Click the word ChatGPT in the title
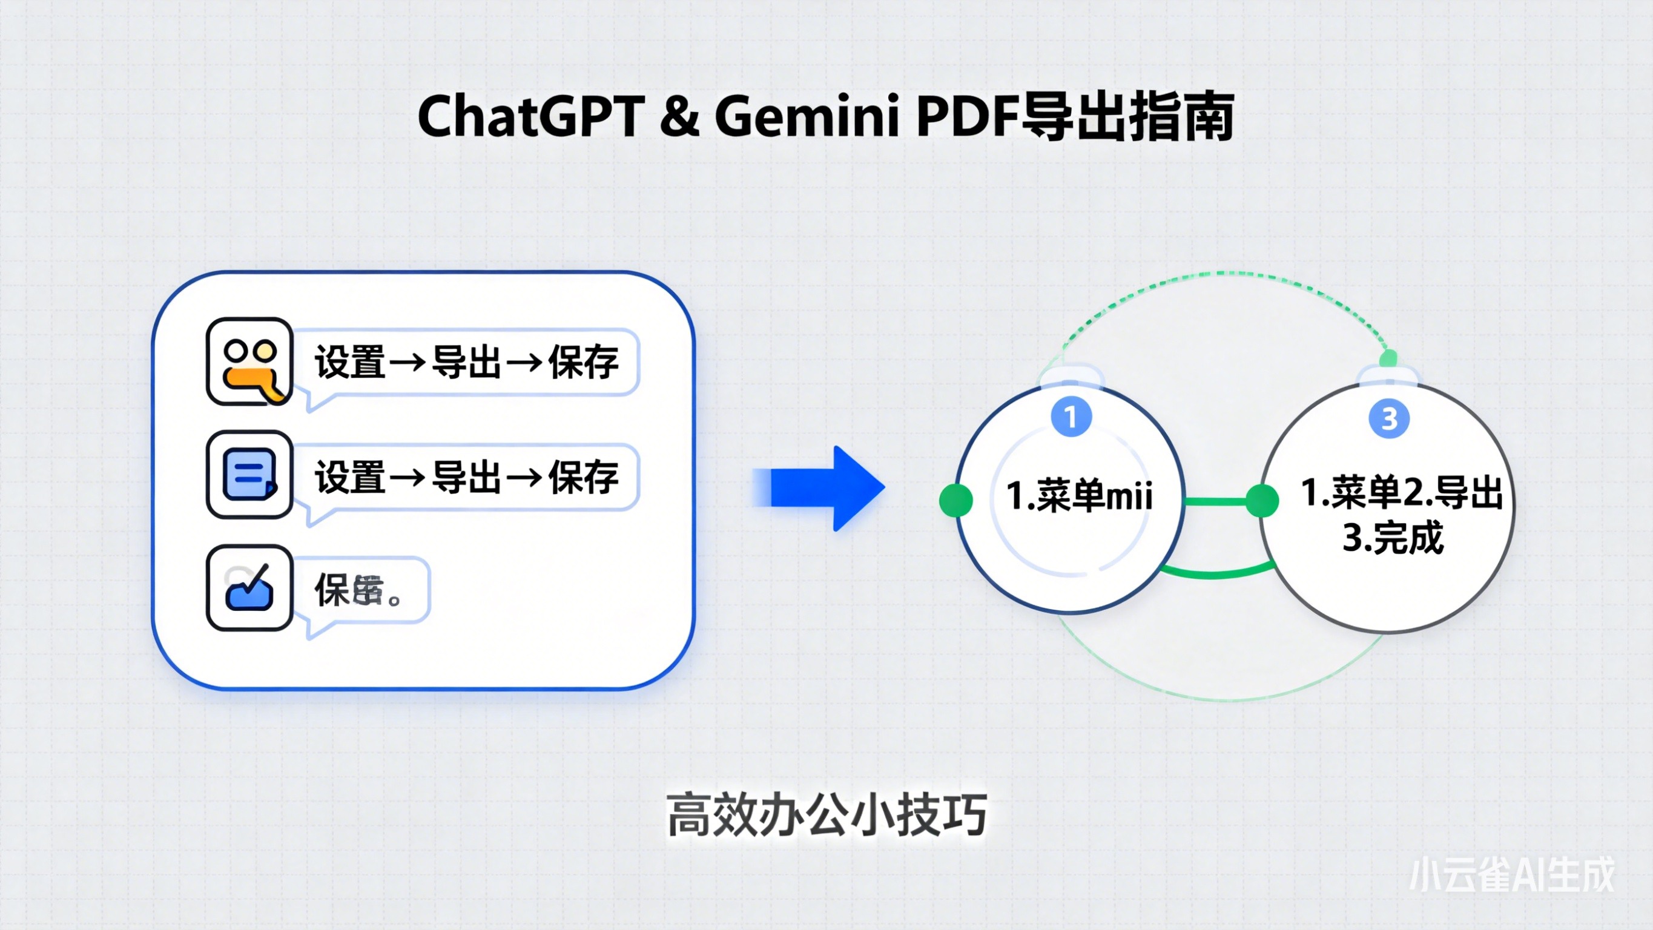(x=532, y=117)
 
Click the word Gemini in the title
(x=806, y=117)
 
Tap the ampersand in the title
(x=679, y=117)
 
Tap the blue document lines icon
(x=249, y=475)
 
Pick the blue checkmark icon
(x=249, y=588)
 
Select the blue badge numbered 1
(x=1071, y=417)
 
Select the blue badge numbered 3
(x=1388, y=419)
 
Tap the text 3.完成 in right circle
(x=1393, y=537)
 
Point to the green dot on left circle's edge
(x=955, y=500)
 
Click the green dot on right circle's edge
(x=1262, y=501)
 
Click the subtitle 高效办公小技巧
(x=826, y=815)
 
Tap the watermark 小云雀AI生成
(x=1512, y=874)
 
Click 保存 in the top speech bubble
(x=583, y=363)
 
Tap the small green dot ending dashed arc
(x=1388, y=357)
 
